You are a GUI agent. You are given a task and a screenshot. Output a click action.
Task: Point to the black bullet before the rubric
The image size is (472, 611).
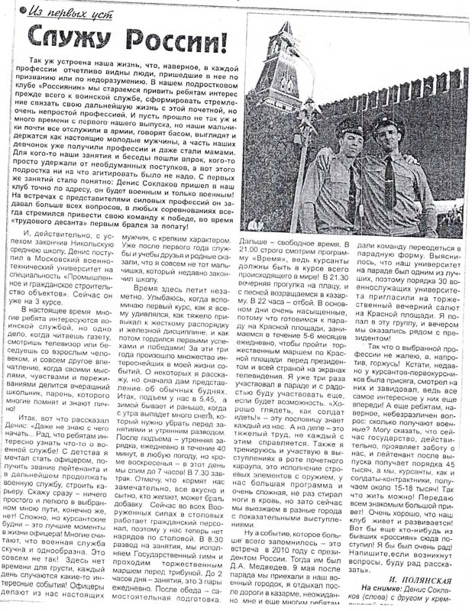(24, 10)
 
